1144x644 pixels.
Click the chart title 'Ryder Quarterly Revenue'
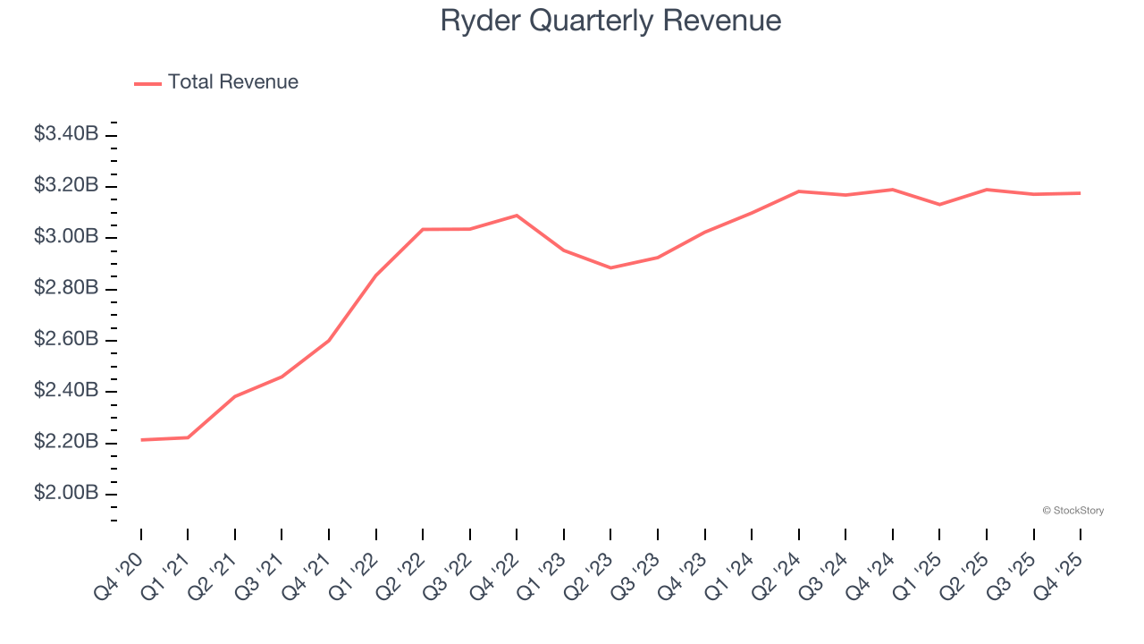coord(610,21)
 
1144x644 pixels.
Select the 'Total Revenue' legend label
coord(232,82)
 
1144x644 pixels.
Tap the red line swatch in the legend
coord(147,83)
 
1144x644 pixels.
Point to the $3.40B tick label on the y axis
coord(66,134)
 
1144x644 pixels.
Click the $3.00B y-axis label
coord(66,237)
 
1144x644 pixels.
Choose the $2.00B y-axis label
coord(66,494)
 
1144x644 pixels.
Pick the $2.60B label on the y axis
coord(66,340)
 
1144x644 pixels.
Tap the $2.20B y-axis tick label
coord(66,443)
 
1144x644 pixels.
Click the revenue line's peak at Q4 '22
coord(517,216)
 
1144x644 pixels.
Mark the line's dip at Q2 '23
coord(611,267)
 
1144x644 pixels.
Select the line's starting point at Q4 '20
coord(141,440)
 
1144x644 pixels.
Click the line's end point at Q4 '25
coord(1081,193)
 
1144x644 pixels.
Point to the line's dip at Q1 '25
coord(939,205)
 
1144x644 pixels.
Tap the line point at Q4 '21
coord(329,341)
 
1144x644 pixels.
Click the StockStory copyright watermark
coord(1072,511)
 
